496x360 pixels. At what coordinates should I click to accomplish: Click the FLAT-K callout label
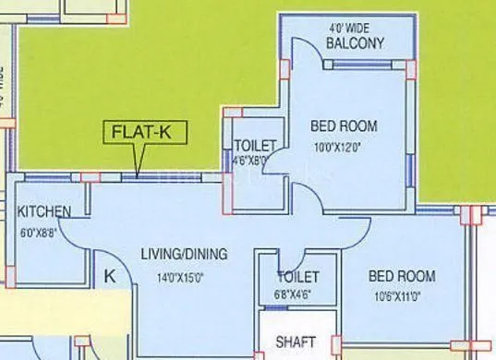(x=141, y=131)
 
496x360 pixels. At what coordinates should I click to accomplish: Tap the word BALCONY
(x=354, y=43)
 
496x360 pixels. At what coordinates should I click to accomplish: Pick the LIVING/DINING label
(x=183, y=254)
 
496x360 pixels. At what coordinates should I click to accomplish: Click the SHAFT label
(x=296, y=342)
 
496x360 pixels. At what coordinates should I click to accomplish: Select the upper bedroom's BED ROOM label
(x=344, y=126)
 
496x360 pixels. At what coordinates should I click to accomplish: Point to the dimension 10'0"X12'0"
(x=344, y=146)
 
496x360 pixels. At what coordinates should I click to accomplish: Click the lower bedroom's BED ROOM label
(x=402, y=276)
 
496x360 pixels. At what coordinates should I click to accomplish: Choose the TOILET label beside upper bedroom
(x=254, y=145)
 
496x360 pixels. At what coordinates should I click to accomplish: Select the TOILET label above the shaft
(x=297, y=277)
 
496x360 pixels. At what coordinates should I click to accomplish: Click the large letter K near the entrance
(x=109, y=275)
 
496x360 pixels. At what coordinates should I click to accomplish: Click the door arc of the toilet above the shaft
(x=294, y=261)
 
